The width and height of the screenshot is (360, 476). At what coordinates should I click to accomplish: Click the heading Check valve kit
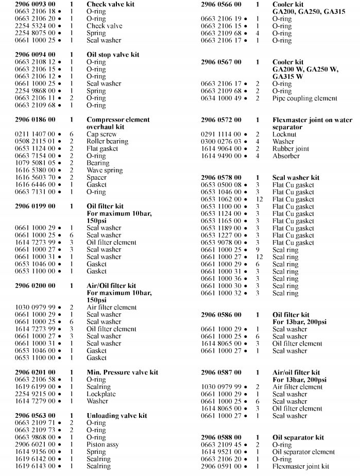(110, 4)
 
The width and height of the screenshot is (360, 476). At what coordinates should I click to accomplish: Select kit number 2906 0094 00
(35, 55)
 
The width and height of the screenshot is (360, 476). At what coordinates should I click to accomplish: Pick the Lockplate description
(101, 394)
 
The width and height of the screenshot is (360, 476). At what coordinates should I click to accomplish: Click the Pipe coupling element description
(304, 98)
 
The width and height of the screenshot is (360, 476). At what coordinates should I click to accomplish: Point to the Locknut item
(284, 134)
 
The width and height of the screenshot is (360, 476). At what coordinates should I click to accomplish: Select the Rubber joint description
(290, 148)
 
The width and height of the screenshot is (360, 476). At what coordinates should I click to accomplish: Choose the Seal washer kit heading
(296, 177)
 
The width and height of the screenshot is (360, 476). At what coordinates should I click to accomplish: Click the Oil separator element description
(303, 452)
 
